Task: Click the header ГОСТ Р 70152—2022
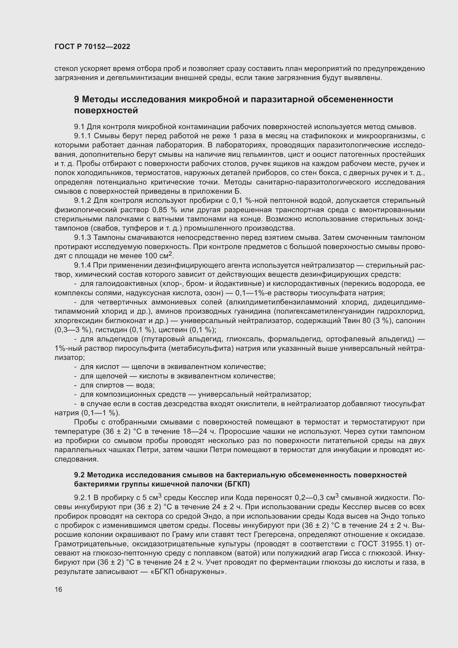[x=92, y=47]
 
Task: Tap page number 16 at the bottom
[x=58, y=589]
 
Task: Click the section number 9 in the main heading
[x=77, y=99]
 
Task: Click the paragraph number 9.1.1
[x=82, y=136]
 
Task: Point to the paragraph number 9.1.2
[x=82, y=201]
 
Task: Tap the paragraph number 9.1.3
[x=82, y=238]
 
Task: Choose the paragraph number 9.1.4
[x=82, y=265]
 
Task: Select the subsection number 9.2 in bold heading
[x=79, y=475]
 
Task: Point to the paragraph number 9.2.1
[x=82, y=498]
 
